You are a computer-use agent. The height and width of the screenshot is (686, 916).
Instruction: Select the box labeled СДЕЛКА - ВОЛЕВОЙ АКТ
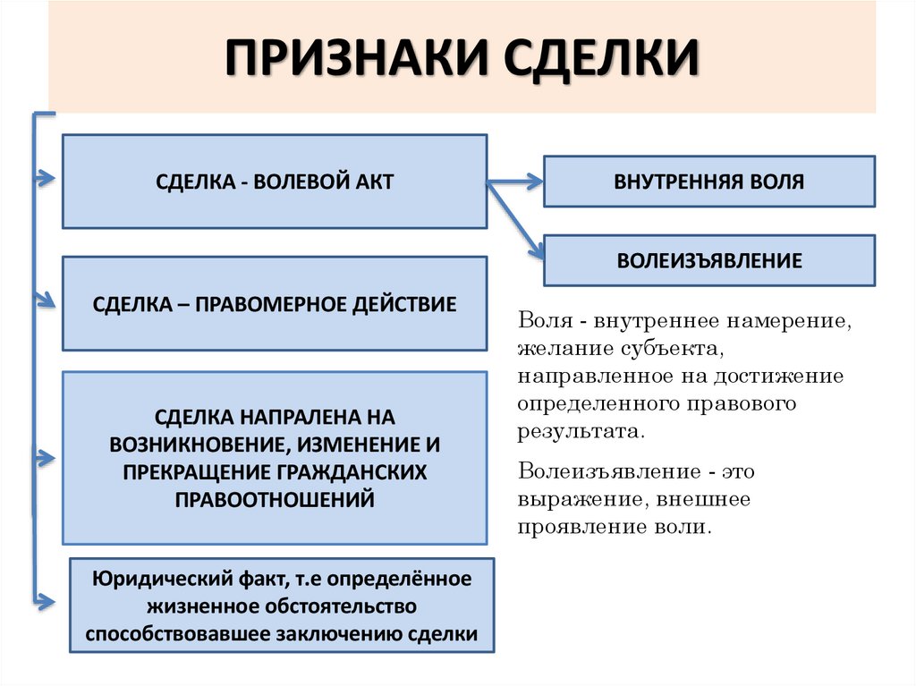pyautogui.click(x=275, y=182)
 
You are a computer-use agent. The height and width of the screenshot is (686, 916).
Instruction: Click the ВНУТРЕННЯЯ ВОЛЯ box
pyautogui.click(x=709, y=182)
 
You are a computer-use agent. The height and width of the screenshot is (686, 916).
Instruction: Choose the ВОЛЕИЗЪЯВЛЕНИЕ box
pyautogui.click(x=709, y=261)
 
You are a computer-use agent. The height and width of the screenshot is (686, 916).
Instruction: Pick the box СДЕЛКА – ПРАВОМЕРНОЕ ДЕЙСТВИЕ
pyautogui.click(x=275, y=304)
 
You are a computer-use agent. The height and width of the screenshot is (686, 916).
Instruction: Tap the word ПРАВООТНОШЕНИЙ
pyautogui.click(x=275, y=498)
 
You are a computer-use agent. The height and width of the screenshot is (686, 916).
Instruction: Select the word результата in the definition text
pyautogui.click(x=579, y=431)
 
